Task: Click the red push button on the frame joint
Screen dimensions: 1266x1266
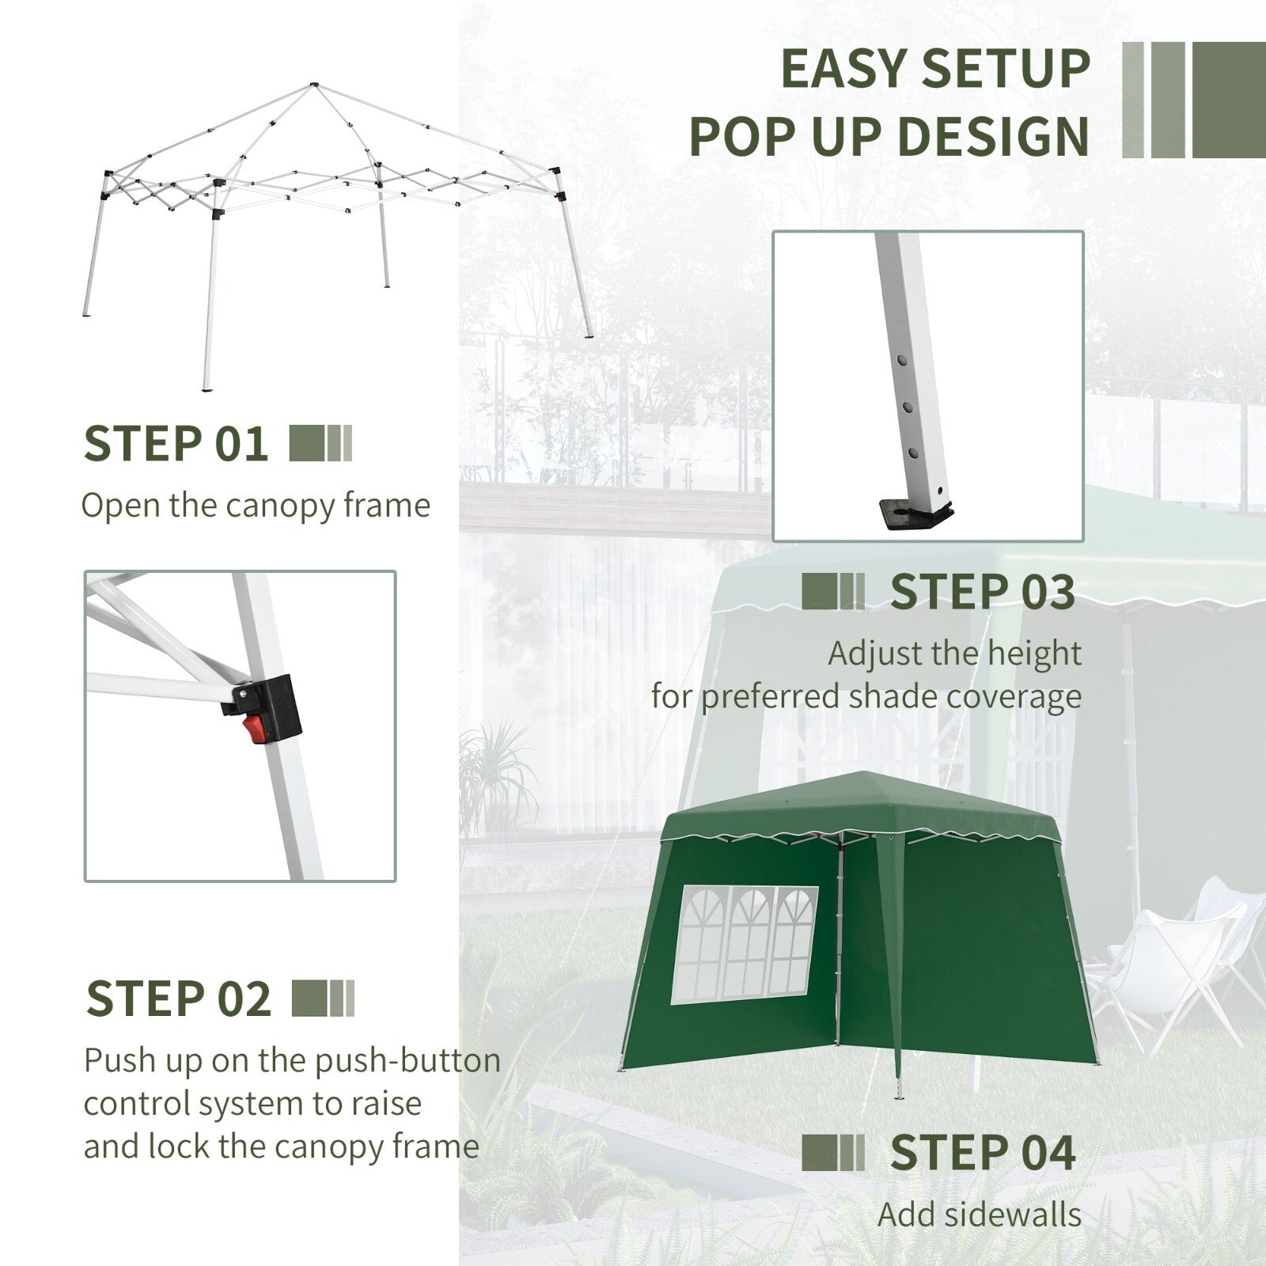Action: tap(254, 730)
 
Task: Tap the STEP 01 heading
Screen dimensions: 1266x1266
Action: tap(176, 443)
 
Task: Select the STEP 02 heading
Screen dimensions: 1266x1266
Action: tap(178, 999)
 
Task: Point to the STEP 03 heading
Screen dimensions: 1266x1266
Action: tap(983, 592)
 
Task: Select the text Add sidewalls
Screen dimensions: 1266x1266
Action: tap(979, 1214)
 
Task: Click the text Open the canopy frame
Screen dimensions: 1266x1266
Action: tap(256, 506)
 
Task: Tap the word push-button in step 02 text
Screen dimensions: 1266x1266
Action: tap(407, 1061)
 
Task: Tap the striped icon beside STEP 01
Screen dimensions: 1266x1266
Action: tap(320, 444)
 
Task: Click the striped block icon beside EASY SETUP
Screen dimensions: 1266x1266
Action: tap(1193, 99)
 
